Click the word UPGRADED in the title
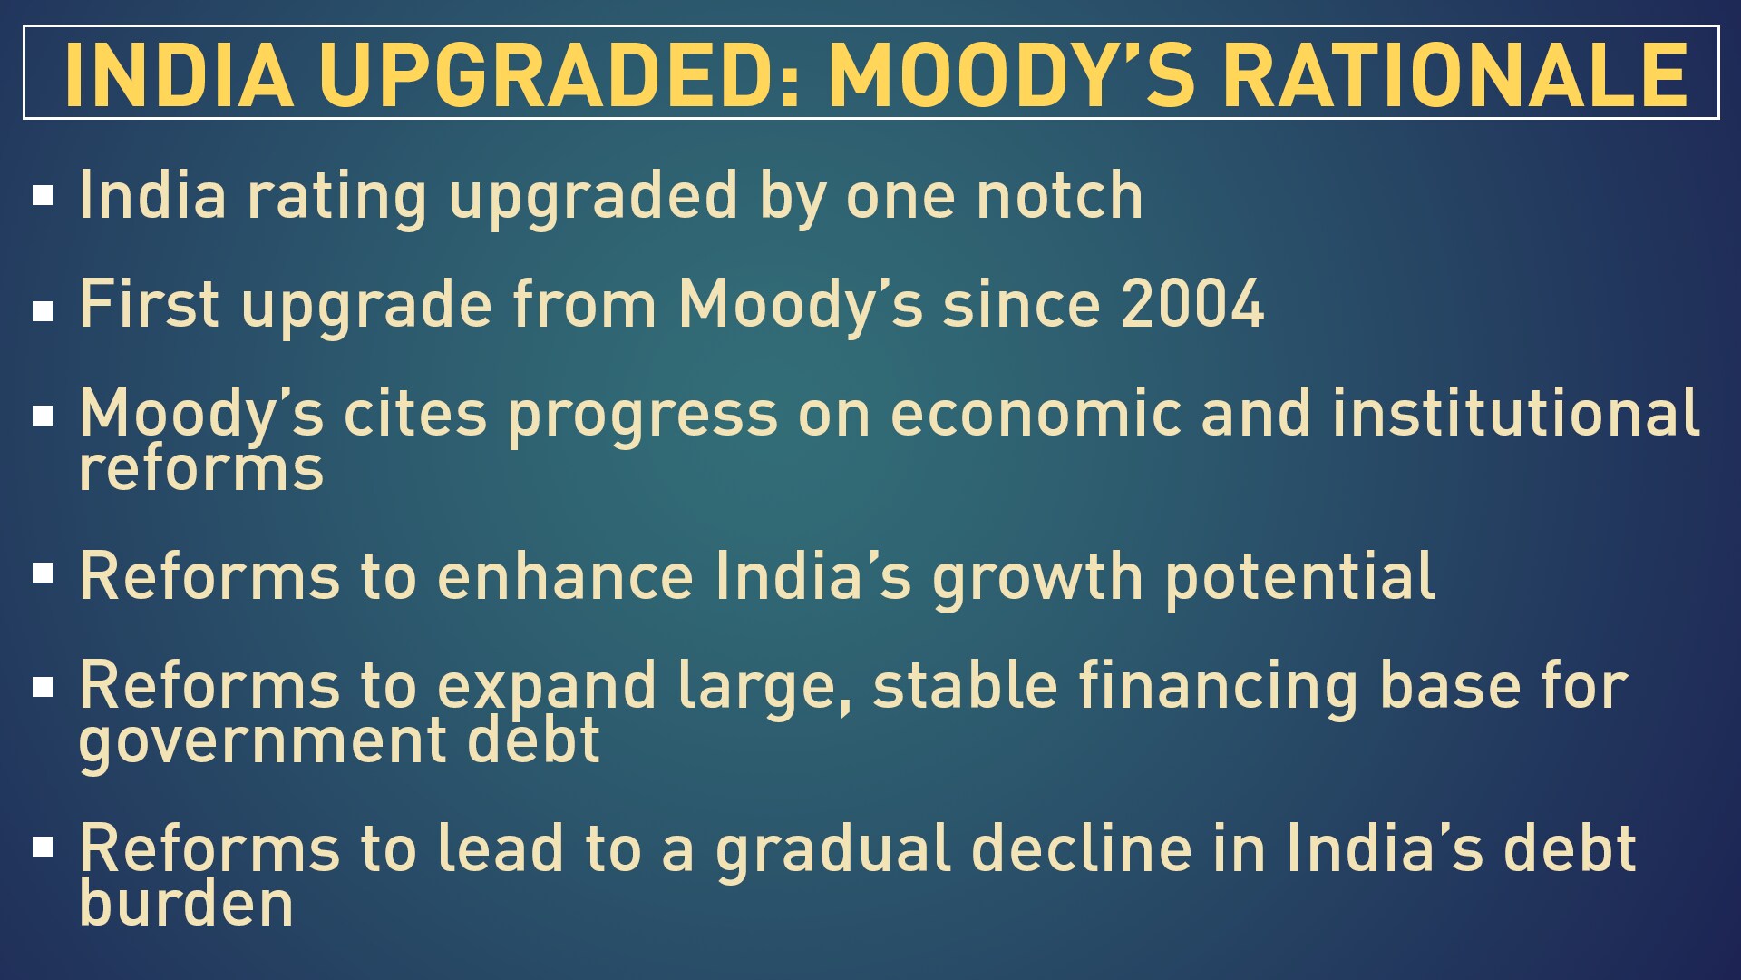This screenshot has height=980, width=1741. coord(559,75)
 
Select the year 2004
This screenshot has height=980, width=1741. coord(1192,304)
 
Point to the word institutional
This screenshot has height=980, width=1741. coord(1515,413)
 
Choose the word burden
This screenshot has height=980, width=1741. coord(186,902)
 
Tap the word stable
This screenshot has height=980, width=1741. coord(964,685)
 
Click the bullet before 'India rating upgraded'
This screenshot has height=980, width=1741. coord(43,195)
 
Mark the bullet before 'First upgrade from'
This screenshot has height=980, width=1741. coord(43,311)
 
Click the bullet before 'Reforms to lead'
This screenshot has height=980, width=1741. coord(43,847)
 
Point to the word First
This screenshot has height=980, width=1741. coord(149,304)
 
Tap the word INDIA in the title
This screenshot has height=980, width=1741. coord(179,75)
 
